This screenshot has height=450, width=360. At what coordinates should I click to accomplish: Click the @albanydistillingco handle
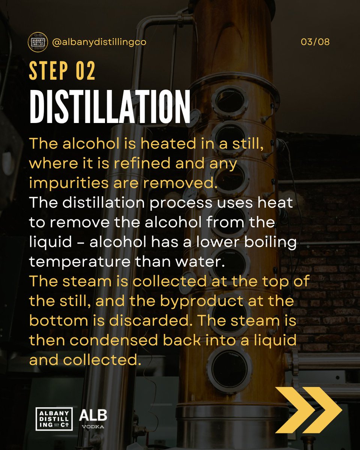pos(99,42)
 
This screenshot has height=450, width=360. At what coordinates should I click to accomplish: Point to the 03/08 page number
pos(315,42)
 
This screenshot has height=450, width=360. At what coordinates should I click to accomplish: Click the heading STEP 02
pos(62,71)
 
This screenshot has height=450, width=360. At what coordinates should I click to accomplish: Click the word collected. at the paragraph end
pos(102,361)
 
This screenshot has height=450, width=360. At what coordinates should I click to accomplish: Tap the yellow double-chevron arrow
pos(308,409)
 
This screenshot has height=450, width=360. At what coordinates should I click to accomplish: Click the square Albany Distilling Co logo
pos(54,418)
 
